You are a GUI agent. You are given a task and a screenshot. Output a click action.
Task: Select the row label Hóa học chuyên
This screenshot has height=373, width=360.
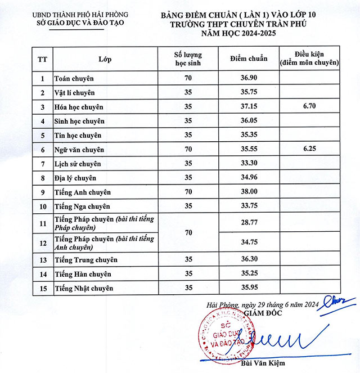point(79,107)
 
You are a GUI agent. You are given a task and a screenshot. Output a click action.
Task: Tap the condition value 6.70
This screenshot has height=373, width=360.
point(311,106)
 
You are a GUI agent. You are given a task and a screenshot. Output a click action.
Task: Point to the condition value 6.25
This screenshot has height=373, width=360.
point(311,150)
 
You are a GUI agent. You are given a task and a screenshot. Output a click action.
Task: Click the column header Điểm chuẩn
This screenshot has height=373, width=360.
point(249,59)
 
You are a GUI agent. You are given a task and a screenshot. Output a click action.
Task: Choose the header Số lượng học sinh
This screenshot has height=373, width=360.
point(188,59)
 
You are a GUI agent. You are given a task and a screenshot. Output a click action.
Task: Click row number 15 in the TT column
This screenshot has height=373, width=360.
point(42,289)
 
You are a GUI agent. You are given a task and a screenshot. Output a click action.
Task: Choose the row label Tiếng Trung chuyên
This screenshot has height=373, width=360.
point(85,260)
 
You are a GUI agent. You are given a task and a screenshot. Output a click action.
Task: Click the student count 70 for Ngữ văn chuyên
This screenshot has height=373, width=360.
point(188,150)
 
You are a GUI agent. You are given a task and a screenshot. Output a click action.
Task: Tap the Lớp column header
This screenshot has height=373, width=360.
point(105,59)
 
